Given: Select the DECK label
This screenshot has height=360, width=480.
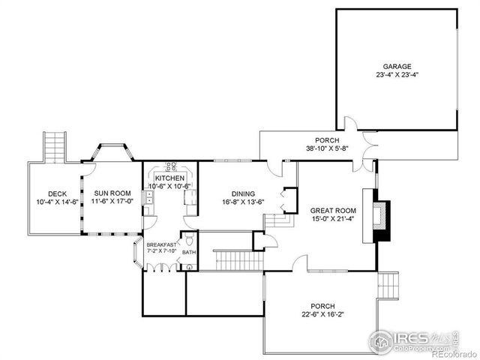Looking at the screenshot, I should (x=57, y=193).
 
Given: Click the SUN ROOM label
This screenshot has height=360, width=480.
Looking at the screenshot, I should (x=111, y=193).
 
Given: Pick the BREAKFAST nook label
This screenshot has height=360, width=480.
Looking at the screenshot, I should (x=161, y=244).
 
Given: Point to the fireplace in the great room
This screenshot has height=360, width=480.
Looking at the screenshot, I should (x=382, y=217).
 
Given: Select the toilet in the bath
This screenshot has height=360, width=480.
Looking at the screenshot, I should (x=189, y=239).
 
